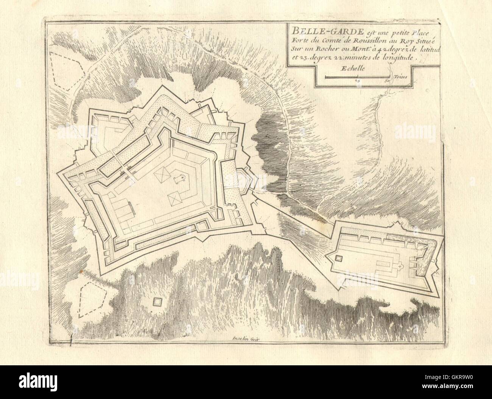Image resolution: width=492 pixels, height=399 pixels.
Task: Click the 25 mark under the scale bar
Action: [357, 80]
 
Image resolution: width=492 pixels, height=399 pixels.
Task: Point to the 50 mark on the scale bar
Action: [387, 80]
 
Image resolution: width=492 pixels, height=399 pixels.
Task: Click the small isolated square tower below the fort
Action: [157, 302]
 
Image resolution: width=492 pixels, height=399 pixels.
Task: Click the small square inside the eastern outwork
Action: [339, 258]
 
